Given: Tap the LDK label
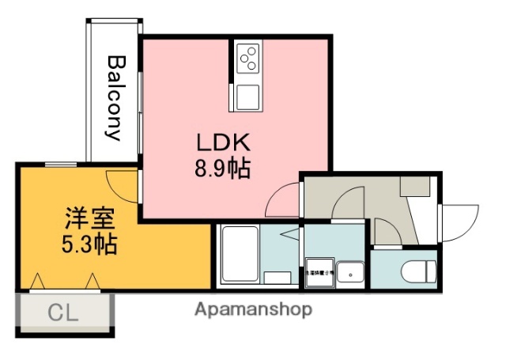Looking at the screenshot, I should pyautogui.click(x=223, y=142).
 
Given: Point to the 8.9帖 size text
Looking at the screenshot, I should pyautogui.click(x=223, y=168).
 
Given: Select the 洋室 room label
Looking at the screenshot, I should pyautogui.click(x=89, y=218).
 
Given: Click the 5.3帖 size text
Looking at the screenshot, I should pyautogui.click(x=89, y=244).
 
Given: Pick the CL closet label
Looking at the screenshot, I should pyautogui.click(x=63, y=313).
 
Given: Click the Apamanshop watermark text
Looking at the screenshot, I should pyautogui.click(x=252, y=309).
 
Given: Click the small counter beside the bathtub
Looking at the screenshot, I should pyautogui.click(x=277, y=277).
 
